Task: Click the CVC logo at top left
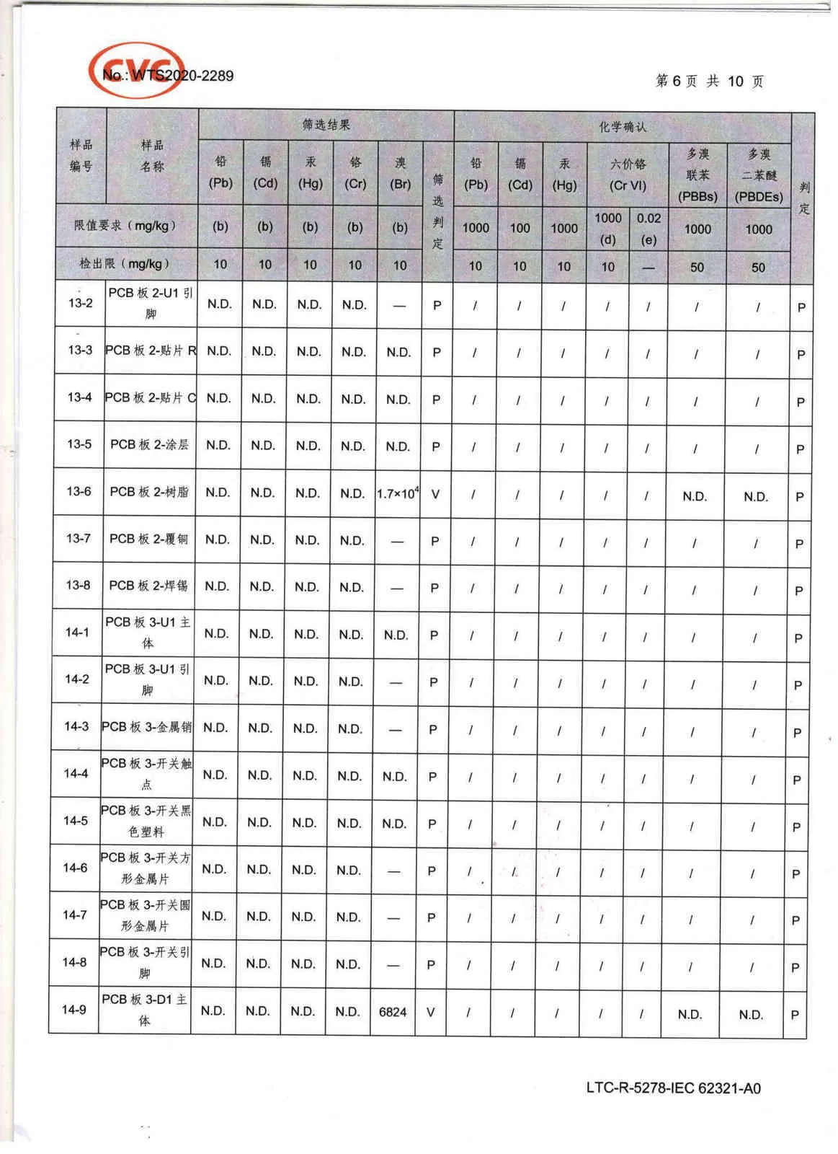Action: [135, 69]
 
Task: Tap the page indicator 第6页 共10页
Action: [709, 81]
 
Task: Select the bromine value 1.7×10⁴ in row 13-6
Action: [398, 494]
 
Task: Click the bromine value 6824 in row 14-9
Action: [393, 1012]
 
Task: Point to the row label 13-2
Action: [80, 303]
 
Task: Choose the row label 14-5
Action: [76, 821]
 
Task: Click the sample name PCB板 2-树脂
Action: [149, 492]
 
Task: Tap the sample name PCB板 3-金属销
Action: [147, 727]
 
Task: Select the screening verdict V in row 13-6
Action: [435, 495]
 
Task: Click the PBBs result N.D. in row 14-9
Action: [690, 1014]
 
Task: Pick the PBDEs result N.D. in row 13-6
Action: [755, 496]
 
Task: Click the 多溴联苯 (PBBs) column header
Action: [697, 175]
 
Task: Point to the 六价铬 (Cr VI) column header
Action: [628, 175]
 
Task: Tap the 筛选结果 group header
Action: [326, 125]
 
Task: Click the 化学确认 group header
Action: [623, 127]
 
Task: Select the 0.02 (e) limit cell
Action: [648, 228]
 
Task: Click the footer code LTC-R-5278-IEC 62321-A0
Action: [673, 1088]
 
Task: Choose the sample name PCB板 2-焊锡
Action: [148, 586]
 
